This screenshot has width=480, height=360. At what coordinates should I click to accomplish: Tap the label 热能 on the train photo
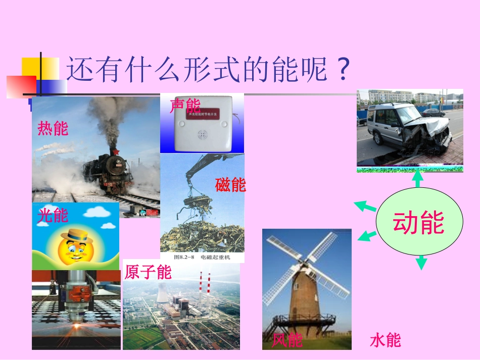click(53, 128)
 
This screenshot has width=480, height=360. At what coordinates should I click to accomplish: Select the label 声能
click(185, 106)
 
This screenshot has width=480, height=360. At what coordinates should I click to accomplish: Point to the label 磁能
click(230, 185)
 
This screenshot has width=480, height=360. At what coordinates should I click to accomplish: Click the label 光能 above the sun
click(53, 216)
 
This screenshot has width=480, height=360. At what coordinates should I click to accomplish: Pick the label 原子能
click(148, 272)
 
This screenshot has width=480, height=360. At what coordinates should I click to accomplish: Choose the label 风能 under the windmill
click(287, 340)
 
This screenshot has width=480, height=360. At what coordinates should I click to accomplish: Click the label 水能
click(386, 340)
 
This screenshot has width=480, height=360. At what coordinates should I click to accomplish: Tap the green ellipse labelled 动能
click(419, 222)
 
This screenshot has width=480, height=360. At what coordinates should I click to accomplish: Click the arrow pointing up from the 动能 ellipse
click(417, 179)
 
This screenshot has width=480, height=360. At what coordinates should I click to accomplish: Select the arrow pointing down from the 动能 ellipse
click(421, 262)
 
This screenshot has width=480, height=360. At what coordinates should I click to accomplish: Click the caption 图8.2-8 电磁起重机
click(202, 257)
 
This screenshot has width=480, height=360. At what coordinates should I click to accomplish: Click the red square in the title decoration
click(21, 86)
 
